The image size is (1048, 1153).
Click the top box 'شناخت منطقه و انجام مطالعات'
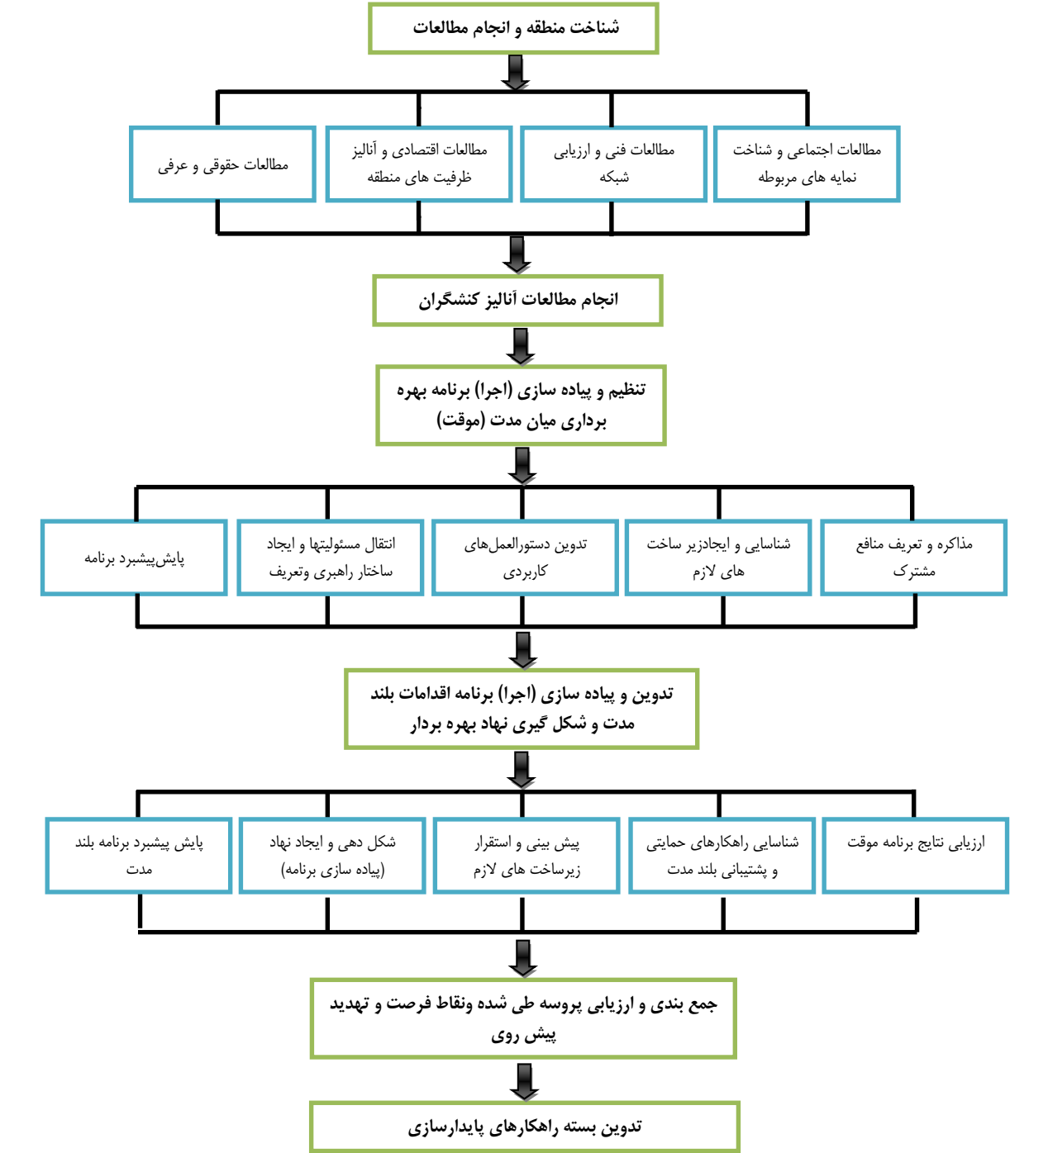(x=513, y=28)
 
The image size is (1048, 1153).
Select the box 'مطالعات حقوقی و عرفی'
(x=222, y=164)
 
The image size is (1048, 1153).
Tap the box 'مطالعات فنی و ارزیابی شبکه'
(x=614, y=164)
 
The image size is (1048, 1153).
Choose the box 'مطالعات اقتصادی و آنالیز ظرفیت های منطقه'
(x=419, y=164)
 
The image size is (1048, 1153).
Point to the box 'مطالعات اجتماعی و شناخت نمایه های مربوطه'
(x=807, y=164)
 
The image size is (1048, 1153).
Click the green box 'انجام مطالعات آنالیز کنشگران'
(x=517, y=300)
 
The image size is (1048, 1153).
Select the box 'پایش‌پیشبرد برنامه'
(x=134, y=558)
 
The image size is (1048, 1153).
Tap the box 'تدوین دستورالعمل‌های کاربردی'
(x=525, y=558)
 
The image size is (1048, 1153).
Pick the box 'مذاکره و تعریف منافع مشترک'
(x=913, y=558)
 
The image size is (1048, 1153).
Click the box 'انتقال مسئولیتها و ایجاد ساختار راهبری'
(x=331, y=558)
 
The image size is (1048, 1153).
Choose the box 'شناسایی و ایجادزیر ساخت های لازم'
(x=718, y=558)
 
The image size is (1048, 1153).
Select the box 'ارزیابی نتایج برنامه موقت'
(x=915, y=856)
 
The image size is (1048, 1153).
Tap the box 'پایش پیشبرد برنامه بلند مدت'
(x=139, y=856)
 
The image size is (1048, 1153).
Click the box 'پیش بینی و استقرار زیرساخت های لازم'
(x=526, y=856)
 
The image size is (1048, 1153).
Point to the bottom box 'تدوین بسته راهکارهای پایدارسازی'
(x=525, y=1127)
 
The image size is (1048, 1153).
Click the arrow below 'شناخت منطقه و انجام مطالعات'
(x=516, y=73)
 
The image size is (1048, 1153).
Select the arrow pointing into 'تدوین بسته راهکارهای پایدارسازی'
(x=524, y=1082)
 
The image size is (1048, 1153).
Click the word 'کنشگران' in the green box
(x=448, y=300)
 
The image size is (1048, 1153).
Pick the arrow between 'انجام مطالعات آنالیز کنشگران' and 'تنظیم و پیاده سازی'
(x=521, y=347)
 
